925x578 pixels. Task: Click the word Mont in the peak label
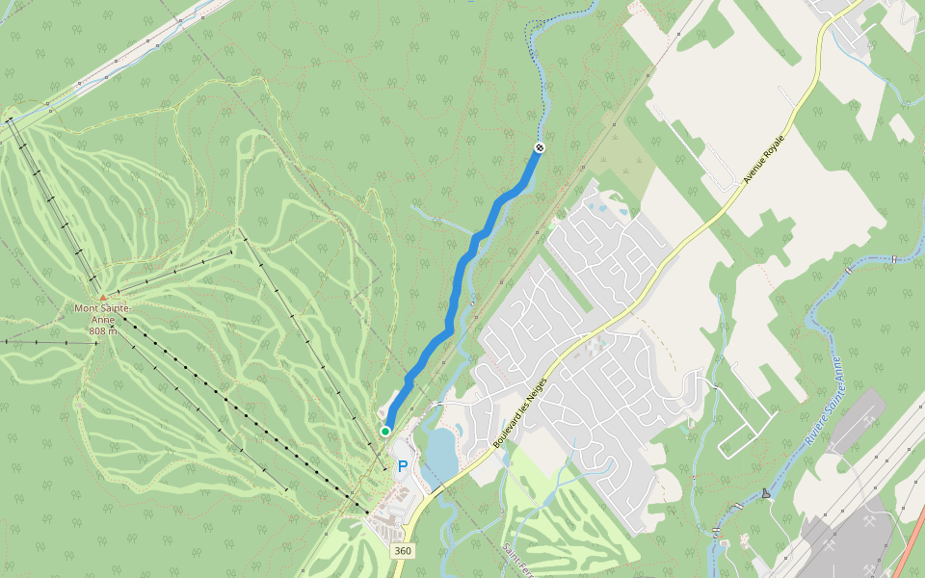tap(89, 308)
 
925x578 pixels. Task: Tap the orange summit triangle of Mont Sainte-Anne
tap(103, 298)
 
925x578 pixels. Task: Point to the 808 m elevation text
tap(103, 331)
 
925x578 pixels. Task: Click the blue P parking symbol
tap(403, 465)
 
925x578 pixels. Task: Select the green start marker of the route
tap(385, 431)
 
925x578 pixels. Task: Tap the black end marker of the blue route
tap(540, 147)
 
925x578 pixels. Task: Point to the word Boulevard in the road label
tap(508, 424)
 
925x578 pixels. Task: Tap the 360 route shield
tap(403, 550)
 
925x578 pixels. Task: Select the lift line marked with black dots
tap(241, 414)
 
